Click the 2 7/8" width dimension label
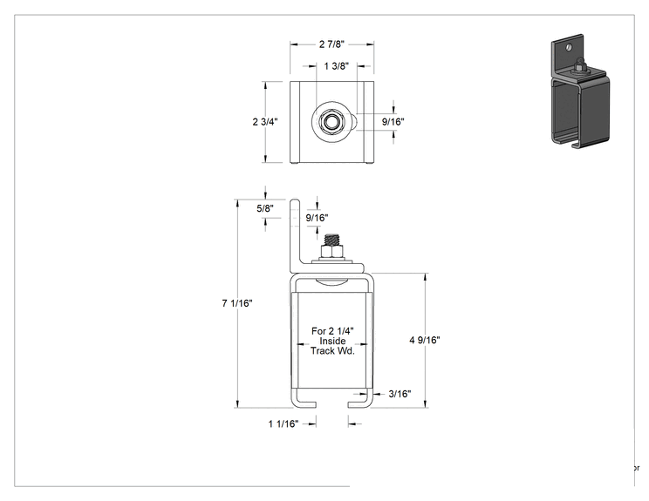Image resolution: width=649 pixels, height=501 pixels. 331,44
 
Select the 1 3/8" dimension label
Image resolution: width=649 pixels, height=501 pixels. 336,65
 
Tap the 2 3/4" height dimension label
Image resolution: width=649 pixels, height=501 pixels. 265,121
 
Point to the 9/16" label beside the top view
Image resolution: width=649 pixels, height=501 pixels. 393,121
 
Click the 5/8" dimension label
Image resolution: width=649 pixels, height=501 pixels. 265,208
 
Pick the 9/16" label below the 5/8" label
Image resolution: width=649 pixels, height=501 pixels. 317,218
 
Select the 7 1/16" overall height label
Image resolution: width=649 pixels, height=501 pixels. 236,303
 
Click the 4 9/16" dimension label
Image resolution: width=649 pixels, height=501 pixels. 425,340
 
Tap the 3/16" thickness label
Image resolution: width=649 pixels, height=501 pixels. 400,394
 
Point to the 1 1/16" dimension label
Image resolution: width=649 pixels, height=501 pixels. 284,423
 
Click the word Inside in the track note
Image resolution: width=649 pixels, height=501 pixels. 332,341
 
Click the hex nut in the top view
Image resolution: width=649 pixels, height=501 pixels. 331,122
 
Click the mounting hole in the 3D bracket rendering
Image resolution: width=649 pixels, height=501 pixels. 569,47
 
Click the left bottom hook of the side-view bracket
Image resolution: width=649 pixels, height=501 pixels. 304,403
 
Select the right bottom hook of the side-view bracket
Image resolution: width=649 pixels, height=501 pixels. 359,403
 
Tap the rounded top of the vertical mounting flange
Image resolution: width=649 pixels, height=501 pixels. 294,202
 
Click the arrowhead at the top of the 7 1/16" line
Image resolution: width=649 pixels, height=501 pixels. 237,203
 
